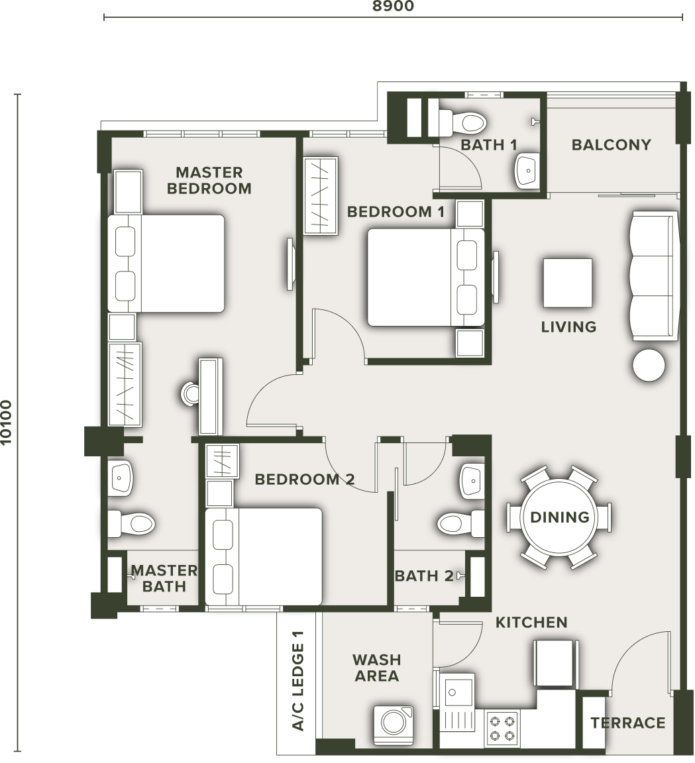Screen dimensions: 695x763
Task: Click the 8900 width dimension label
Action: tap(393, 6)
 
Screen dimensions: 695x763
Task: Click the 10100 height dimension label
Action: tap(6, 422)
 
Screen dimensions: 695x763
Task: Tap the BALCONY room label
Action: tap(611, 144)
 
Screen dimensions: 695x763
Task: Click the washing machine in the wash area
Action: tap(394, 725)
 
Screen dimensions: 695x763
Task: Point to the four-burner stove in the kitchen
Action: tap(502, 727)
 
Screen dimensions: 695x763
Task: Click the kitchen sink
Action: tap(457, 691)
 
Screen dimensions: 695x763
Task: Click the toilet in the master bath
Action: tap(131, 523)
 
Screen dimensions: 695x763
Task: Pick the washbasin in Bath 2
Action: tap(472, 480)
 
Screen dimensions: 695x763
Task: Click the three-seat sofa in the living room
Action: tap(654, 276)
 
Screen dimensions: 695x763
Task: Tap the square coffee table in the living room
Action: tap(568, 283)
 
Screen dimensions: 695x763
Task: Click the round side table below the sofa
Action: tap(649, 365)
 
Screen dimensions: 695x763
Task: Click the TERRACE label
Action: tap(628, 723)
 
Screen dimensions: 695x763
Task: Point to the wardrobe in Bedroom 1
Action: tap(320, 195)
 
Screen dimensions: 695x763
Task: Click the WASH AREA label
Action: tap(377, 668)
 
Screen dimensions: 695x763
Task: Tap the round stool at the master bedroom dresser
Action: tap(190, 393)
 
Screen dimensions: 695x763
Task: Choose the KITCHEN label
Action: tap(531, 622)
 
